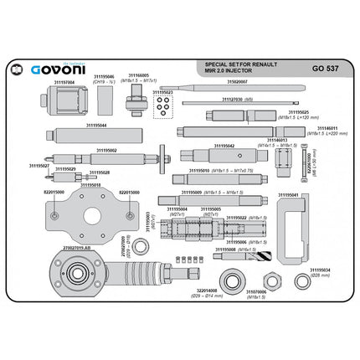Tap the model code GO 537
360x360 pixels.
tap(324, 69)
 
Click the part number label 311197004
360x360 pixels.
tap(59, 83)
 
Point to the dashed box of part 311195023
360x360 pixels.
tap(165, 105)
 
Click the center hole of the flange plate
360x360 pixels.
tap(90, 213)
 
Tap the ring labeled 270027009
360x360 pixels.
tap(141, 245)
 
